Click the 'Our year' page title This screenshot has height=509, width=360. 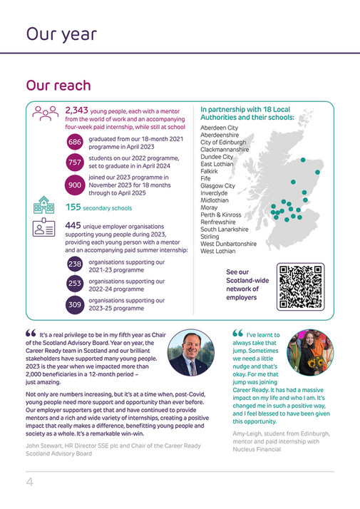click(61, 34)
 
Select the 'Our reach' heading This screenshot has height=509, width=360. click(58, 86)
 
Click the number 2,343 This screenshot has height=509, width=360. click(76, 110)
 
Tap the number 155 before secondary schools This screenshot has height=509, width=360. click(73, 207)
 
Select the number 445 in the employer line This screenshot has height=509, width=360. click(73, 225)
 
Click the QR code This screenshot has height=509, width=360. click(300, 287)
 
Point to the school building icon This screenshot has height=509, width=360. click(44, 206)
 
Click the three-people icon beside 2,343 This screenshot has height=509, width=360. click(45, 113)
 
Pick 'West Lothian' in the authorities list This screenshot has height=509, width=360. click(218, 251)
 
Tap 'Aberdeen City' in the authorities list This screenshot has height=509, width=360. click(220, 128)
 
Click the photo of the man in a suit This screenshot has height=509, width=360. click(190, 354)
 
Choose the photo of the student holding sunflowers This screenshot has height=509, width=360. click(309, 352)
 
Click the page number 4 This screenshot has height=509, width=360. click(30, 482)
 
